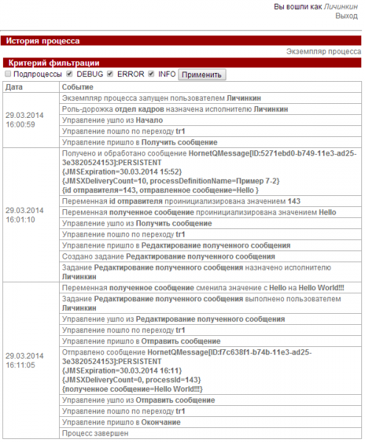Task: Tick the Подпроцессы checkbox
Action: tap(7, 74)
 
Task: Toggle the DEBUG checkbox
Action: tap(69, 74)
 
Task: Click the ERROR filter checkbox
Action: tap(110, 74)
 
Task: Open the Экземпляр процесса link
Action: tap(323, 52)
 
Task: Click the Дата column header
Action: tap(14, 87)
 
